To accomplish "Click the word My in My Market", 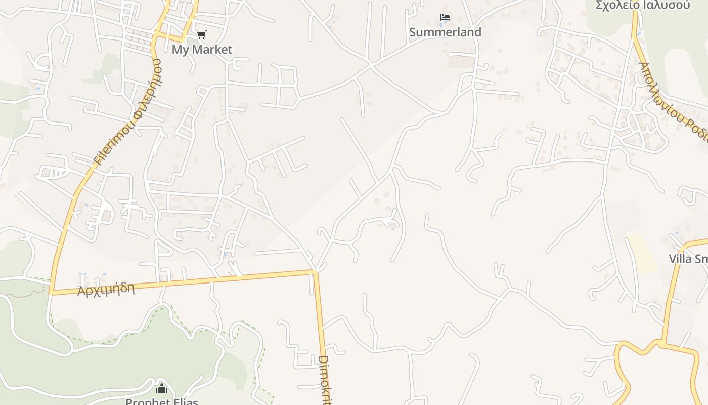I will pos(180,50).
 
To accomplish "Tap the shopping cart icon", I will pos(202,34).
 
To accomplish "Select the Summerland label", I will pos(445,32).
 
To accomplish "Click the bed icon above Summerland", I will pos(445,18).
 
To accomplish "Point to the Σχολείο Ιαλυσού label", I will pos(642,5).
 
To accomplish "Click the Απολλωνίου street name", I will pos(657,89).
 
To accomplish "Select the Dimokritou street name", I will pos(324,380).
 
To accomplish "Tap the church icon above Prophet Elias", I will pos(162,388).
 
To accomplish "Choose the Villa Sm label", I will pos(688,259).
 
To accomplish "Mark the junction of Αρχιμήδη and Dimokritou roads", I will pos(315,272).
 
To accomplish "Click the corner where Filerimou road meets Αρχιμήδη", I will pos(51,292).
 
